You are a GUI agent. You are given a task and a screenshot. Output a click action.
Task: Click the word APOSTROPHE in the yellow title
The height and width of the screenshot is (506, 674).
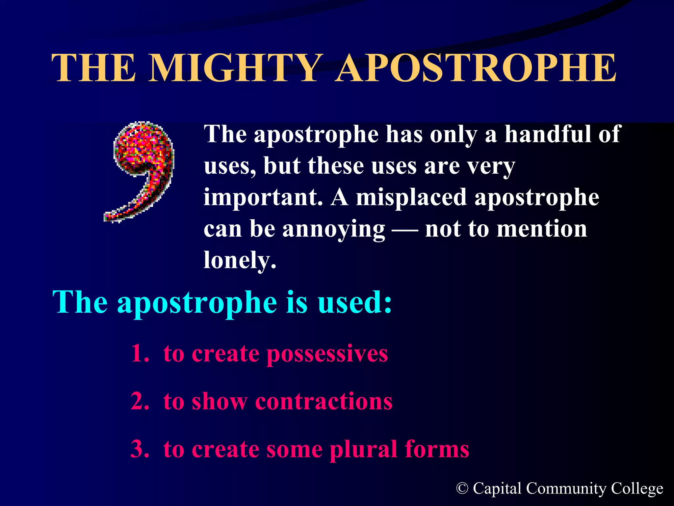pyautogui.click(x=476, y=68)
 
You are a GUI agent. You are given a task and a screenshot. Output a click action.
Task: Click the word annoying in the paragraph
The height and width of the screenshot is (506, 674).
pyautogui.click(x=333, y=229)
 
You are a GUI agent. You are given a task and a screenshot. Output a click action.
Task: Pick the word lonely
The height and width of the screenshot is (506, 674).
pyautogui.click(x=240, y=261)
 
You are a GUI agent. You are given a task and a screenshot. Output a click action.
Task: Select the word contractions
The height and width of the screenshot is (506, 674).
pyautogui.click(x=324, y=402)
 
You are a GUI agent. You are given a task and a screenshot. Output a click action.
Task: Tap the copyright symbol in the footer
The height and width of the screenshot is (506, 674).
pyautogui.click(x=462, y=489)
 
